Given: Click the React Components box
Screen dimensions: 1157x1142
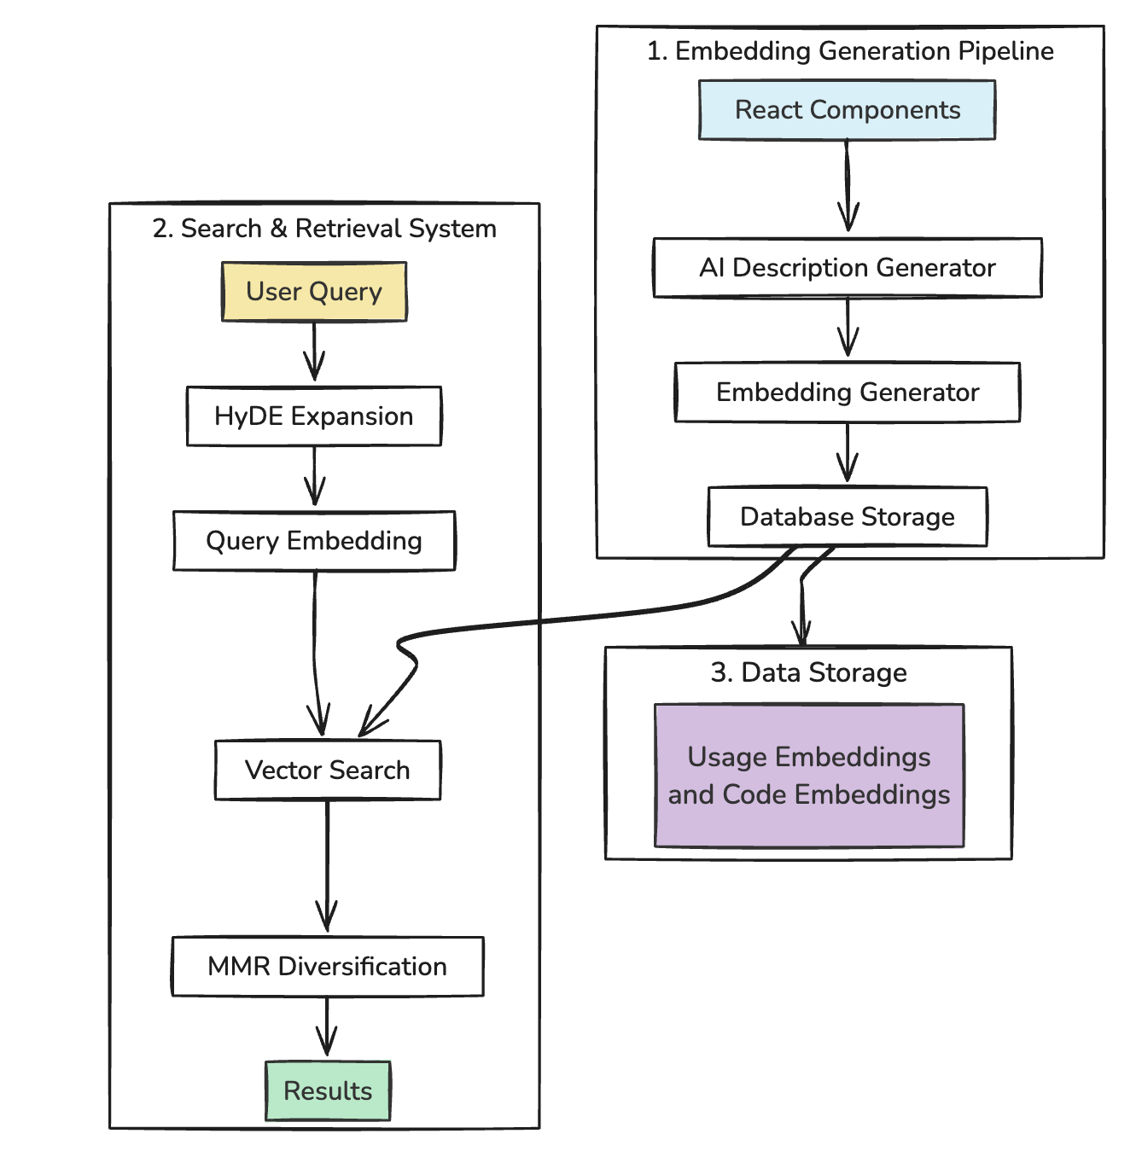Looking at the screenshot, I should pyautogui.click(x=847, y=110).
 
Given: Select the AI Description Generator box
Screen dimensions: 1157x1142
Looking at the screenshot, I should pyautogui.click(x=847, y=268).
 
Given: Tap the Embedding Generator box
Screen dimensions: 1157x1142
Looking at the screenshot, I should pyautogui.click(x=847, y=392).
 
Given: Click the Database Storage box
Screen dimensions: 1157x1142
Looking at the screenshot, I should pyautogui.click(x=847, y=517).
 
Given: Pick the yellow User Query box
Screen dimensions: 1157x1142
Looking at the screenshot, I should pyautogui.click(x=314, y=292).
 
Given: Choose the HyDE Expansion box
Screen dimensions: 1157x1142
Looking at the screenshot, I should pyautogui.click(x=314, y=416).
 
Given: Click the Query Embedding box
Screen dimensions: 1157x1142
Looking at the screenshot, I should pyautogui.click(x=314, y=541).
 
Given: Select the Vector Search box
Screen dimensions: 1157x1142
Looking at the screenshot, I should pyautogui.click(x=328, y=770).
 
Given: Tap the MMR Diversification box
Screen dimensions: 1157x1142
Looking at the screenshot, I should pyautogui.click(x=328, y=967).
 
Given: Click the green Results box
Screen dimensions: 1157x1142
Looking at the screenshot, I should pyautogui.click(x=328, y=1091).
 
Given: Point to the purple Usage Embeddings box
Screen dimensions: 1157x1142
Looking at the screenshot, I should pyautogui.click(x=809, y=776).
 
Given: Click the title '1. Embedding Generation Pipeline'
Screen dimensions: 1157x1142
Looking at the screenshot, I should pyautogui.click(x=850, y=51).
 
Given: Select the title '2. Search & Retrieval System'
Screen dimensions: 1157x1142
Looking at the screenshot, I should pyautogui.click(x=324, y=229).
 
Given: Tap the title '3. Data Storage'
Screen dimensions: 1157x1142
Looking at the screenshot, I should pyautogui.click(x=808, y=672).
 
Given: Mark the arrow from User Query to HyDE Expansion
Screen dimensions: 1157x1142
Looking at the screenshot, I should pyautogui.click(x=314, y=350).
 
